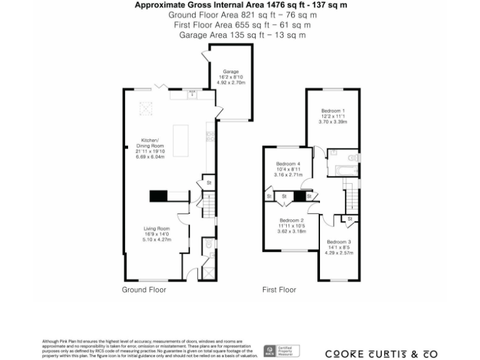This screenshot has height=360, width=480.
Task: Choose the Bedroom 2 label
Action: coord(291,226)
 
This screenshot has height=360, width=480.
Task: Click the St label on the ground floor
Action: coord(209,183)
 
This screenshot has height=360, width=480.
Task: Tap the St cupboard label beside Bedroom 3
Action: coord(350,219)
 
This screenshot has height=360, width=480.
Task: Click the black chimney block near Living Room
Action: coord(158,196)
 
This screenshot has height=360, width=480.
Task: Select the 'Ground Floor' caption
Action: coord(144,290)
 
